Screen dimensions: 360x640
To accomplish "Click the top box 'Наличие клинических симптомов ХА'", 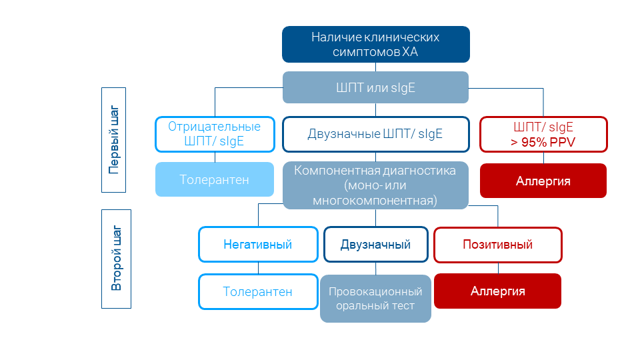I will pos(375,44).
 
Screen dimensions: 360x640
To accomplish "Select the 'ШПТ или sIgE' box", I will pos(375,87).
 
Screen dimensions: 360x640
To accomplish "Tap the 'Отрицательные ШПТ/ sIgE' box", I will pos(214,134).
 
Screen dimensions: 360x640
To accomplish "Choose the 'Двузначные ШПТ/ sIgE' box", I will pos(375,134).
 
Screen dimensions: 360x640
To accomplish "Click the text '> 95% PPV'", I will pos(543,142).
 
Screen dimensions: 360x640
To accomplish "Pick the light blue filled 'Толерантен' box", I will pos(214,179).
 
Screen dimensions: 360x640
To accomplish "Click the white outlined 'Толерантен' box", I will pos(258,291).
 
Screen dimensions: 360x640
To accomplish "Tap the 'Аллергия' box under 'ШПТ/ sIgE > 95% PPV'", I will pos(543,181).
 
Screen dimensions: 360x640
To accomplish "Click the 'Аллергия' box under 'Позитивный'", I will pos(497,291).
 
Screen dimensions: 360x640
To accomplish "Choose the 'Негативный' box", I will pos(258,245).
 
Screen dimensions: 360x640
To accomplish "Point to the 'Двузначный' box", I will pos(375,245).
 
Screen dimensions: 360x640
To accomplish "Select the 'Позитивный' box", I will pos(497,245).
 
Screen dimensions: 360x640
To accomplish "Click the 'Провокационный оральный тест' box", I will pos(375,299).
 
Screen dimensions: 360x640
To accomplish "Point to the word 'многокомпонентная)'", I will pos(375,200).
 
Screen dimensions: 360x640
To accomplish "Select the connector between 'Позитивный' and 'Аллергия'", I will pos(498,267).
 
